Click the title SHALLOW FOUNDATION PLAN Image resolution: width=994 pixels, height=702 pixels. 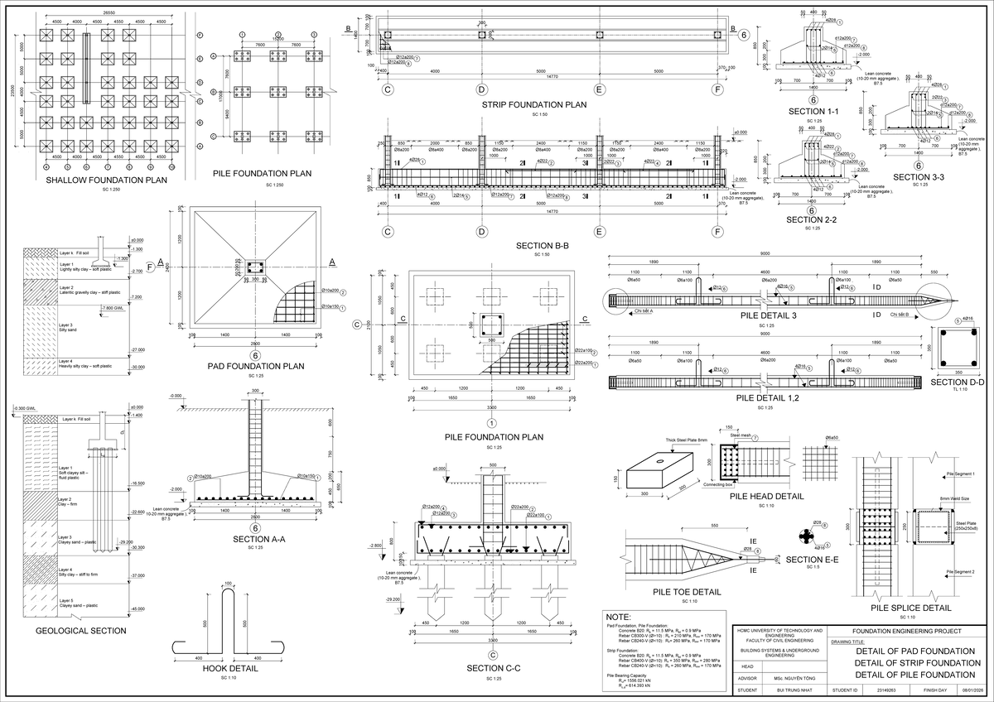(x=107, y=180)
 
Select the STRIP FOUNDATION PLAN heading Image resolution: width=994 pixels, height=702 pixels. (x=534, y=105)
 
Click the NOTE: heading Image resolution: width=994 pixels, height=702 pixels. (x=619, y=618)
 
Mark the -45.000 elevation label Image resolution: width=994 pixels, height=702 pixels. (x=136, y=608)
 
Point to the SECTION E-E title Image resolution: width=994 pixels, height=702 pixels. (x=813, y=560)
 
